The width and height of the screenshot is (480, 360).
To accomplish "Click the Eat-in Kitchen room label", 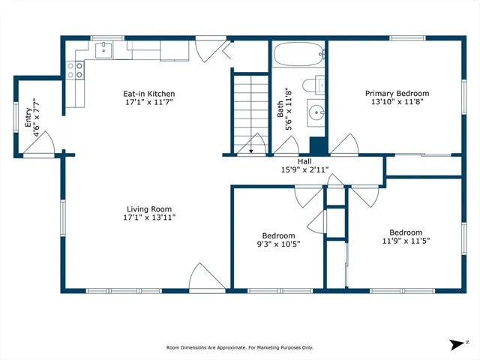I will tap(148, 94).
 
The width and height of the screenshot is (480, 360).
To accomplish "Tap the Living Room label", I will tap(148, 209).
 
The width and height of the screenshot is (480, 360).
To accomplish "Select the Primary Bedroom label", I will tap(397, 94).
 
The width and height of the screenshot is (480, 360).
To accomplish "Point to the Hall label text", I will tap(304, 161).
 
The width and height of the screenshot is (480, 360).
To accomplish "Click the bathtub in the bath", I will tap(299, 54).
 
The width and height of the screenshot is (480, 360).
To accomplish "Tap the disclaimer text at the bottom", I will tap(239, 347).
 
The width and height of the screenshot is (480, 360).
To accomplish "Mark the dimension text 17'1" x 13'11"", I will tap(148, 217).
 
